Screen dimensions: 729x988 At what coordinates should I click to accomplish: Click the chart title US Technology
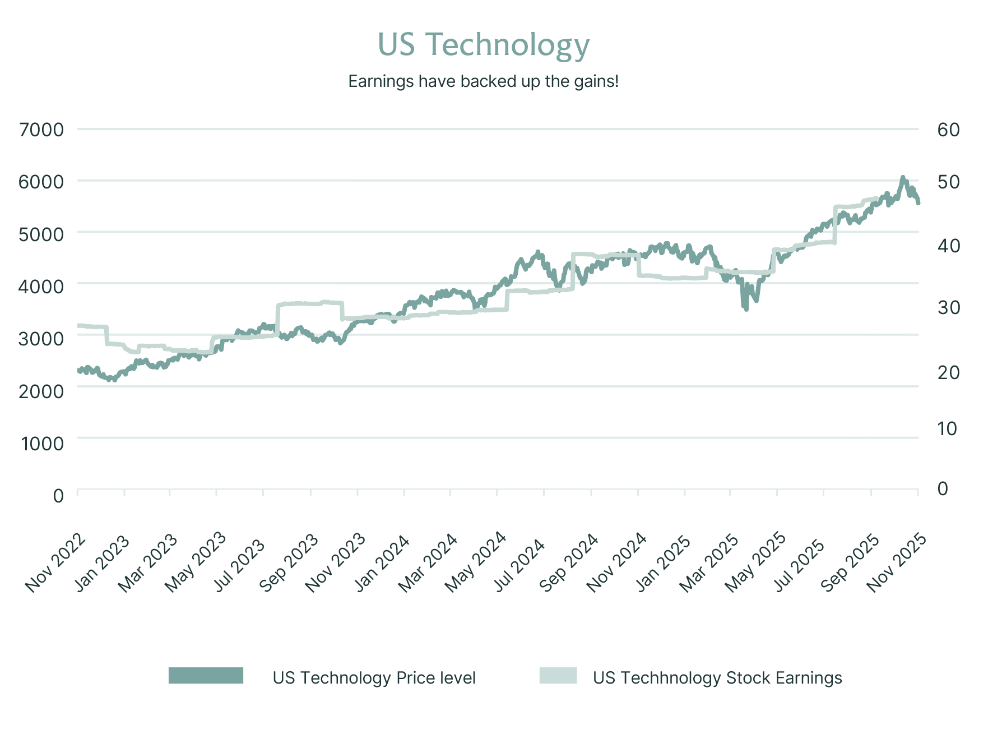483,45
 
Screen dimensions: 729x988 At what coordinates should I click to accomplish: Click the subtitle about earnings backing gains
483,82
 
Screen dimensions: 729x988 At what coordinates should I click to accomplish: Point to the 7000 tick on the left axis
41,130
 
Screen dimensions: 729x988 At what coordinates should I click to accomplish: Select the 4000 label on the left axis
41,286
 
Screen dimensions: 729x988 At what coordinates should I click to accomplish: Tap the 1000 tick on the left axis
43,444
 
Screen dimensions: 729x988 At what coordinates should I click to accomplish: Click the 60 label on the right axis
948,130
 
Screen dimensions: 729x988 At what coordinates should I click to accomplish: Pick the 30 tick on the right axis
948,307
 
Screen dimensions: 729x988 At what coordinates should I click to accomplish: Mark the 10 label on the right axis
947,429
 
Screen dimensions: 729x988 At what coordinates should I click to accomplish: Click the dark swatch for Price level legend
206,676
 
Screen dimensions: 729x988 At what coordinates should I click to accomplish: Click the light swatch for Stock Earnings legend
558,676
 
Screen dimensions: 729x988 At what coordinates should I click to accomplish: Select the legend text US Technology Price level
374,678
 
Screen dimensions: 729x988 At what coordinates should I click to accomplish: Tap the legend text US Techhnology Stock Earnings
717,678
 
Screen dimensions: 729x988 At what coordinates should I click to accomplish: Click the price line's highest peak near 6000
902,178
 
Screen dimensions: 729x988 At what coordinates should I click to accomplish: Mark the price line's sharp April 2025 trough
746,308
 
